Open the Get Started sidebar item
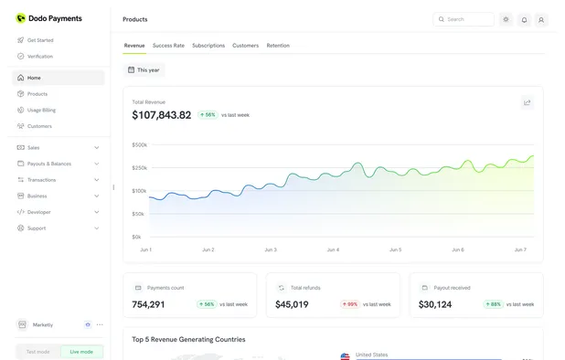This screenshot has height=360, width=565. [39, 40]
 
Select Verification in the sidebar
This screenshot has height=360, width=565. [39, 57]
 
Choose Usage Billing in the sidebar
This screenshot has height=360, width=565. [41, 110]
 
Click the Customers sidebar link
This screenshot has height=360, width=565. [39, 126]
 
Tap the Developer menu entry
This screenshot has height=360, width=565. [39, 212]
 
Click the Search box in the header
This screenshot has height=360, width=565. [464, 19]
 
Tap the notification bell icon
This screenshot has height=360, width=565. [524, 19]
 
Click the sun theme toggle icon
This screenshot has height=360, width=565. [506, 19]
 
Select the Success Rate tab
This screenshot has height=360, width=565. [168, 46]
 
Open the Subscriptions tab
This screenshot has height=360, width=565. [208, 46]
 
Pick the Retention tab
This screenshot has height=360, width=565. [278, 46]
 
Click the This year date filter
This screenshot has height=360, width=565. [144, 70]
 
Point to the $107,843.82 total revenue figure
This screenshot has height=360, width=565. [162, 115]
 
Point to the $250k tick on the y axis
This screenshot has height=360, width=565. [139, 168]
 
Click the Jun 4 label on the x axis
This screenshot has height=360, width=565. [333, 249]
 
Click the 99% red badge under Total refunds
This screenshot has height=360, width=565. [349, 304]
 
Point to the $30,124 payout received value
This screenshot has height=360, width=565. [435, 304]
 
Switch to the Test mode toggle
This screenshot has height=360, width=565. [38, 352]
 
